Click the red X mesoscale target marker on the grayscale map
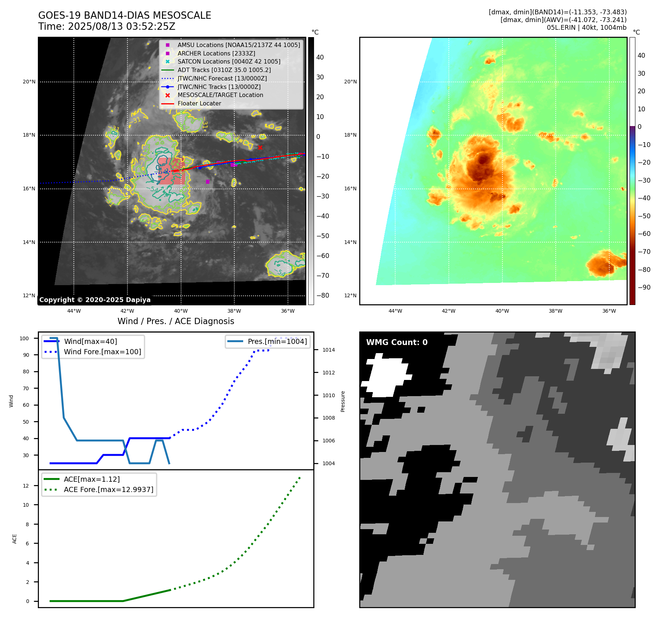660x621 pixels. [260, 147]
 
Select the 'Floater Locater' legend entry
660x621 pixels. [199, 104]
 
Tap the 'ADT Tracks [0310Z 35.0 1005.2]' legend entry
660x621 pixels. [224, 70]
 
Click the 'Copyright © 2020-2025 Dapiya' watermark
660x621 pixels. [95, 300]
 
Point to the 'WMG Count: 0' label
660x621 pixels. [397, 342]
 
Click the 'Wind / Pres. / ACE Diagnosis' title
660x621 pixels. [176, 321]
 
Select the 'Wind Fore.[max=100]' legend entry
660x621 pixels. [102, 352]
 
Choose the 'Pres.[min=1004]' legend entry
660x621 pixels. [277, 341]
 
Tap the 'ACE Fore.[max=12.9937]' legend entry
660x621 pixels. [108, 489]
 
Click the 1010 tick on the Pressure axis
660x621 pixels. [328, 395]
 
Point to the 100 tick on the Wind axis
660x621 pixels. [24, 338]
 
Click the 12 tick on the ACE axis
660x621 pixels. [26, 486]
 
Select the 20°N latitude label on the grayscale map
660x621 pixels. [29, 82]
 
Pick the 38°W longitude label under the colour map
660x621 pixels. [555, 311]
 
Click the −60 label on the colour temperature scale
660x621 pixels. [644, 234]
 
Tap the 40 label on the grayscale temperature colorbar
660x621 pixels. [320, 57]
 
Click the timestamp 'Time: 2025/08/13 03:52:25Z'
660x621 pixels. [107, 26]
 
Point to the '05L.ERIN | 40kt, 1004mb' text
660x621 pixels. [587, 28]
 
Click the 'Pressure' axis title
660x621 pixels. [343, 401]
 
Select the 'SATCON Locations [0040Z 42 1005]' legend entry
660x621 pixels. [229, 62]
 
